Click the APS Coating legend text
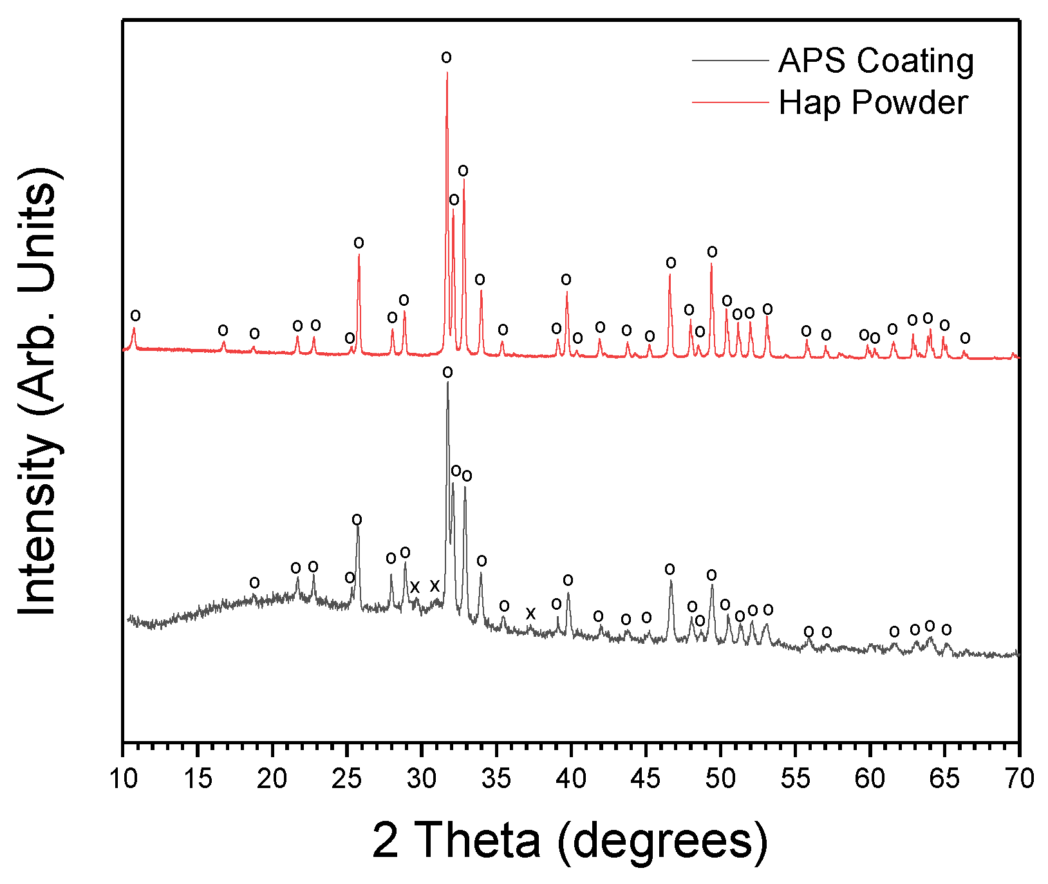tap(875, 61)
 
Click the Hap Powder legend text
tap(873, 102)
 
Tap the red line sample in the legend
tap(730, 102)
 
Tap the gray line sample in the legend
tap(730, 61)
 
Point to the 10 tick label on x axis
tap(122, 778)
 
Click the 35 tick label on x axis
tap(496, 778)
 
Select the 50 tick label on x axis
tap(720, 778)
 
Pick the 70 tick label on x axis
tap(1019, 778)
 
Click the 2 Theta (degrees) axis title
tap(570, 840)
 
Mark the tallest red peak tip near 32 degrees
tap(447, 72)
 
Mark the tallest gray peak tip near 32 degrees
tap(447, 382)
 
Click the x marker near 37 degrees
tap(530, 614)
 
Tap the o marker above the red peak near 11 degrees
tap(135, 315)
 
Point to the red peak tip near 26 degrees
tap(359, 255)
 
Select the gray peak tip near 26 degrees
tap(358, 529)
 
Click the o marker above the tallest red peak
tap(446, 57)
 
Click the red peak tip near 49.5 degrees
tap(711, 263)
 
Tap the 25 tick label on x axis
tap(346, 778)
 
